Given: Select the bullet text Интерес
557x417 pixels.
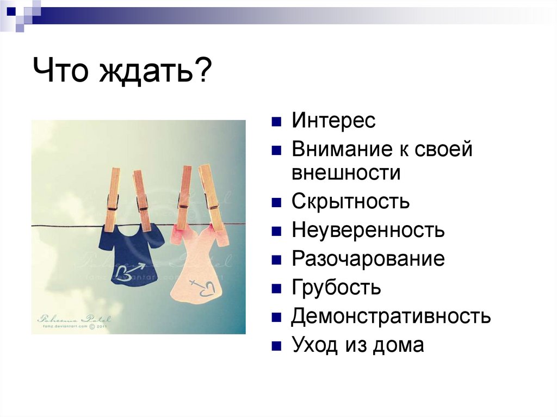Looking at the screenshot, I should click(x=333, y=121).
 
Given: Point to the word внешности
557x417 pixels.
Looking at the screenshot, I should click(x=345, y=173).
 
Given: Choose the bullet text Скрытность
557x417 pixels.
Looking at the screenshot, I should click(x=350, y=202).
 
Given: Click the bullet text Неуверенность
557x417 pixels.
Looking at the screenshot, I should click(x=368, y=231).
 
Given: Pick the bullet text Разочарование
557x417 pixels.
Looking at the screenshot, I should click(x=368, y=259).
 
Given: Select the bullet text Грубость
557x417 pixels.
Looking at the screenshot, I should click(x=336, y=288).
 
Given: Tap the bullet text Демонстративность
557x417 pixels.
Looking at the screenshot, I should click(x=391, y=316).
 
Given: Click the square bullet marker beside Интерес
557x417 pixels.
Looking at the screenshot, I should click(x=277, y=121).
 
